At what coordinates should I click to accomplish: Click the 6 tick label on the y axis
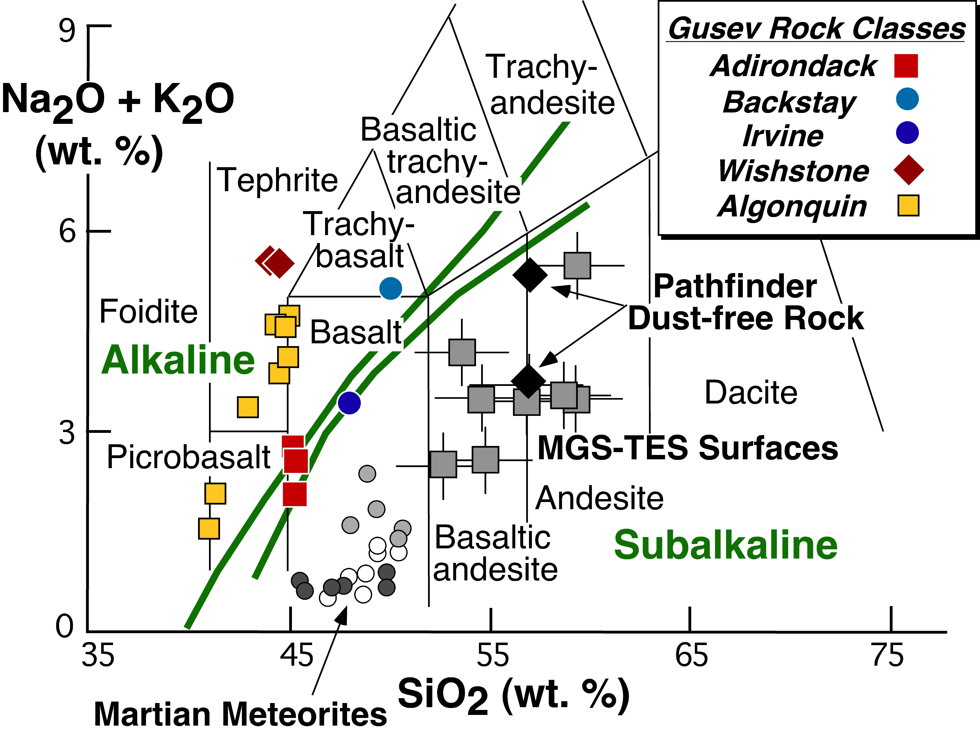tap(67, 231)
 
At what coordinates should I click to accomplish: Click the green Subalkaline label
tap(725, 545)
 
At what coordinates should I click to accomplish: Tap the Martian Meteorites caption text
tap(241, 714)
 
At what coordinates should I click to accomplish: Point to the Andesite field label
tap(599, 498)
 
